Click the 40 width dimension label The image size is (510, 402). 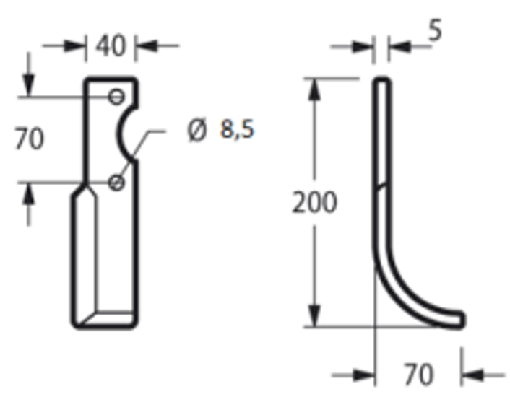click(x=111, y=45)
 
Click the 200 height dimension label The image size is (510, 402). click(x=314, y=202)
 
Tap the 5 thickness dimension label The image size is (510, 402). click(x=436, y=30)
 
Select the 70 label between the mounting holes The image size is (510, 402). click(x=30, y=139)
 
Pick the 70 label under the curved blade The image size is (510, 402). click(x=418, y=375)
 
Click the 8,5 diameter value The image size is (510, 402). click(x=237, y=129)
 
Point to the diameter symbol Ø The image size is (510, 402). click(x=197, y=130)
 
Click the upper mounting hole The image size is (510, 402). click(x=116, y=97)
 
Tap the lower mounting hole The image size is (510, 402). click(x=116, y=183)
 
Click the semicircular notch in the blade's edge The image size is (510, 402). click(x=119, y=134)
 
